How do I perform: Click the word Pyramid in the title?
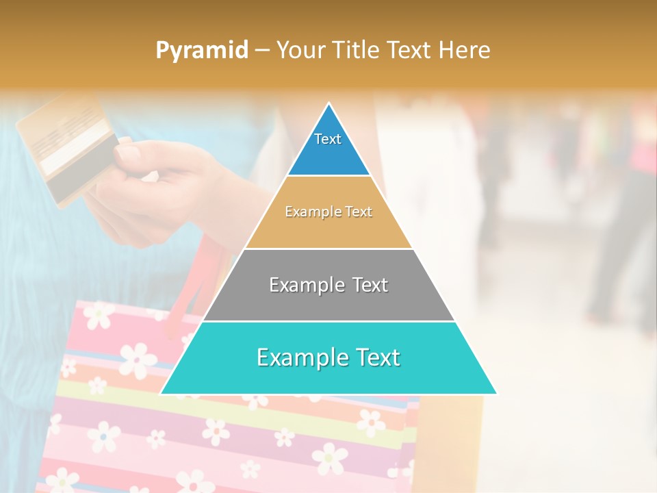tap(201, 51)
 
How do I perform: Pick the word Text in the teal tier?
tap(376, 357)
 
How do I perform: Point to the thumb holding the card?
tap(130, 153)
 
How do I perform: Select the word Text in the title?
tap(409, 51)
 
